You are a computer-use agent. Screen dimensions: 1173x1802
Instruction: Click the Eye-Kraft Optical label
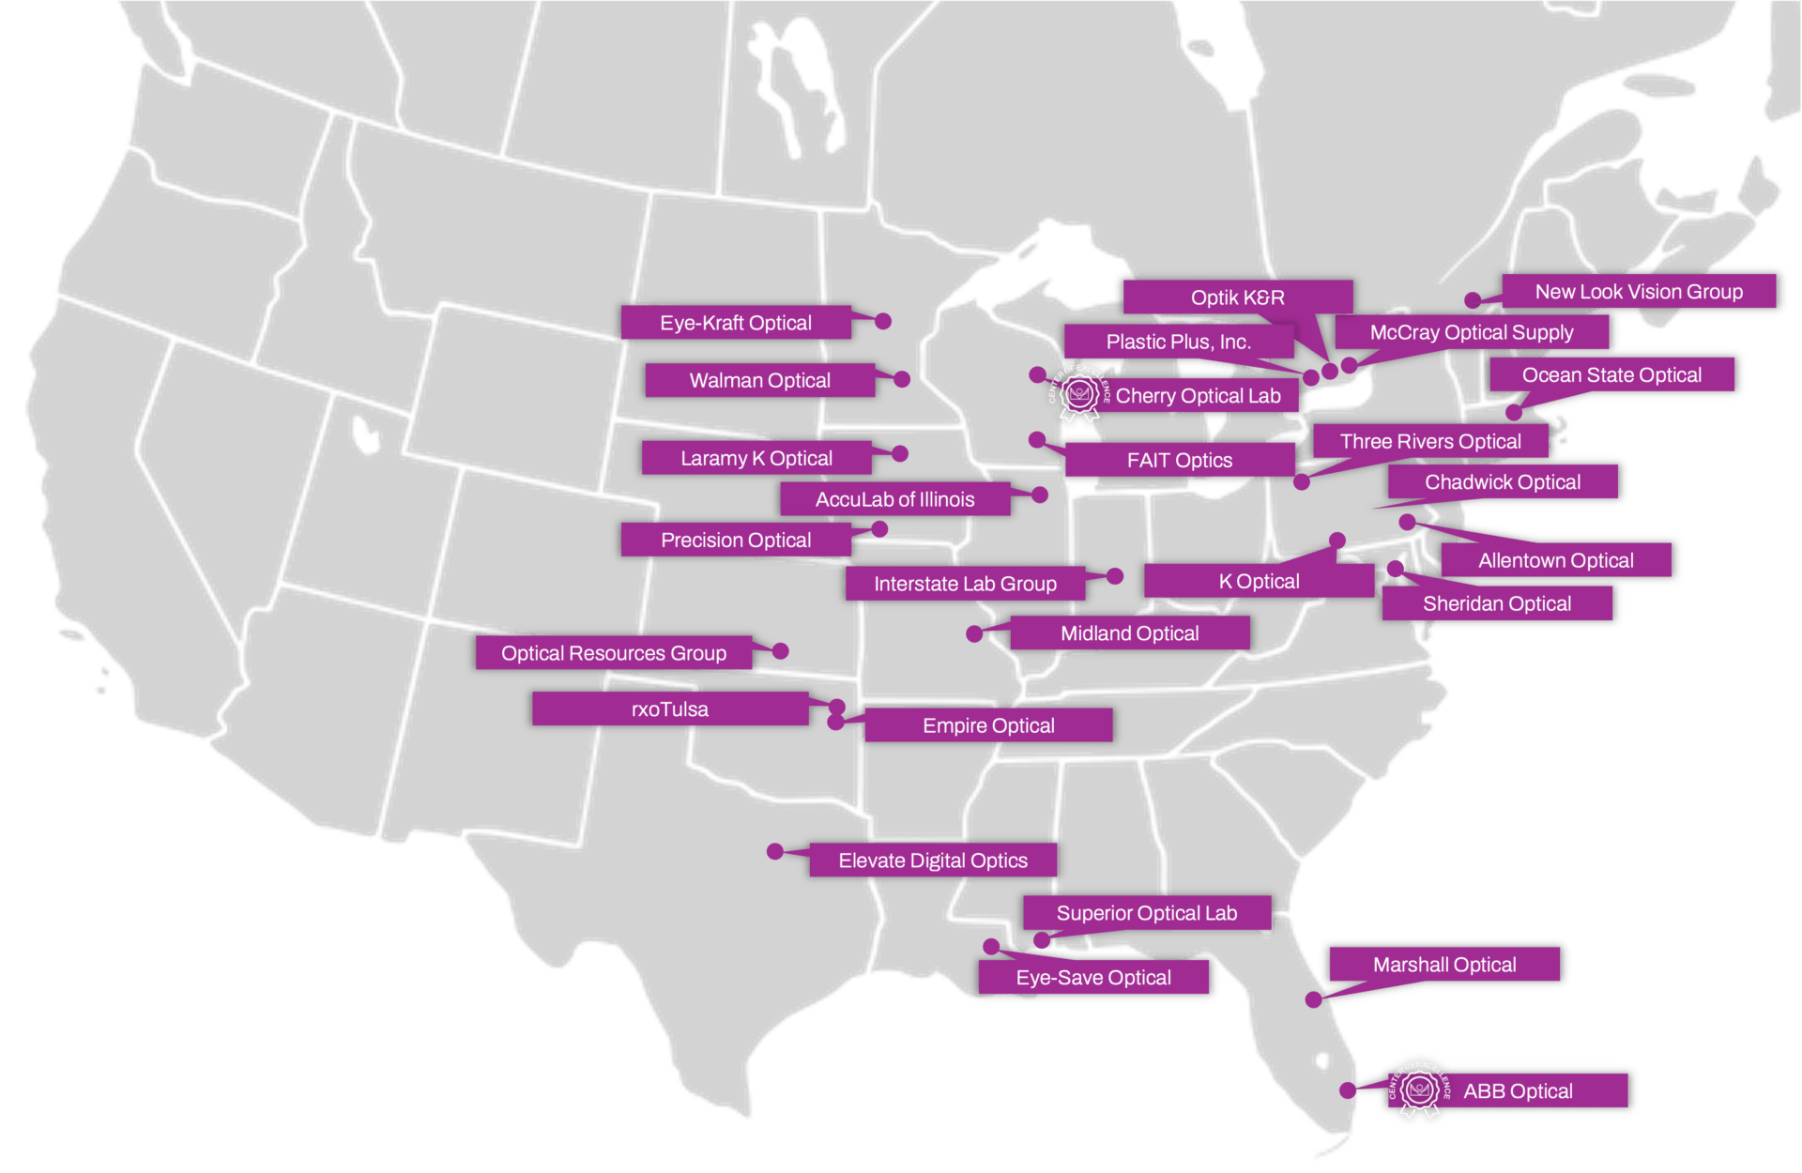[736, 323]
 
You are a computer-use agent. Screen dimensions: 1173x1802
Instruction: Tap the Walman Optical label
[759, 380]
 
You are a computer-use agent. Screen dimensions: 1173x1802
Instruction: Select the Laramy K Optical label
[756, 458]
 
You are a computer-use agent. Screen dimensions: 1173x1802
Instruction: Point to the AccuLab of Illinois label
[894, 499]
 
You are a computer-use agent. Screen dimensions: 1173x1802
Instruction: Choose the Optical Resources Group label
[613, 653]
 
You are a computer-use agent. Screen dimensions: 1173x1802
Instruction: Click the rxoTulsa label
[669, 709]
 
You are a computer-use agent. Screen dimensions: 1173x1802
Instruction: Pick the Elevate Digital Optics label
[933, 861]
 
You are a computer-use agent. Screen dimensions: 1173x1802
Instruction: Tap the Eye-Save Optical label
[1093, 978]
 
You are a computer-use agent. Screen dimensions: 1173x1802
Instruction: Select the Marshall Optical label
[1444, 965]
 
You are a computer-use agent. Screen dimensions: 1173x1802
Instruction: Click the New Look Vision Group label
[1639, 292]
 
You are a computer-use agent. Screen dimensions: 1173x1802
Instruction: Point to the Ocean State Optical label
[1611, 375]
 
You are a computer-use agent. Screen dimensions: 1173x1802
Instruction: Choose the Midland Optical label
[1129, 633]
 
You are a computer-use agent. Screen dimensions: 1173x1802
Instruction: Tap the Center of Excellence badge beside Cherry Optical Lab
[1079, 394]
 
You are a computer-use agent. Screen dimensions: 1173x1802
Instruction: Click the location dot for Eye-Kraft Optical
[883, 321]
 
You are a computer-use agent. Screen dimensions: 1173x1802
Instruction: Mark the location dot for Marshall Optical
[1314, 1000]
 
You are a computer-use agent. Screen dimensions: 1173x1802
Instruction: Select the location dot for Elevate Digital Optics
[774, 851]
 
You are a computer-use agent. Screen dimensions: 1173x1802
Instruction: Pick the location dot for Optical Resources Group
[781, 650]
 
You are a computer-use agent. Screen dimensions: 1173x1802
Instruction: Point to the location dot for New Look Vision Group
[1473, 300]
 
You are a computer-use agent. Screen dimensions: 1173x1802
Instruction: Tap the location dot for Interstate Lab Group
[1115, 576]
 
